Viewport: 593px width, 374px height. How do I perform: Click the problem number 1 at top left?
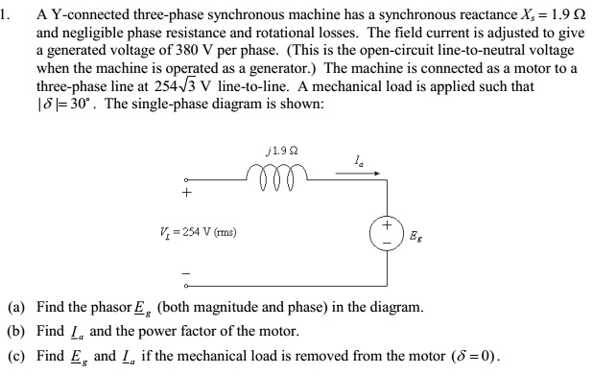point(6,13)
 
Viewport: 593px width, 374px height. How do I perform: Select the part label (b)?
point(17,332)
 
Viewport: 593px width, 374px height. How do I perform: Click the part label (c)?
point(17,355)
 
